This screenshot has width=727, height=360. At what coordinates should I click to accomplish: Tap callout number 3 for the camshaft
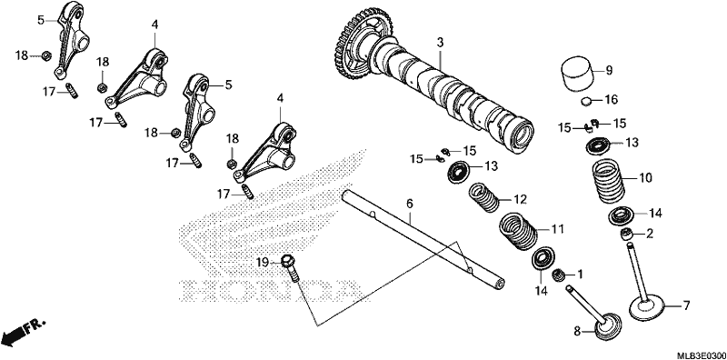[440, 43]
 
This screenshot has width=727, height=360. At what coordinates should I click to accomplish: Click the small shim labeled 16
[586, 100]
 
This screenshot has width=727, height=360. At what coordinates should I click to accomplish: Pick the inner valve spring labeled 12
[483, 197]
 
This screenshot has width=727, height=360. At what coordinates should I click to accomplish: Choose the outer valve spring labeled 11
[517, 231]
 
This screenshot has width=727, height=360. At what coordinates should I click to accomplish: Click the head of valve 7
[647, 309]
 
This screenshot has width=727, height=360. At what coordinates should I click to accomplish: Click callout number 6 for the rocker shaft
[410, 204]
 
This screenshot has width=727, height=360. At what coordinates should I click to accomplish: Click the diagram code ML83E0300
[701, 355]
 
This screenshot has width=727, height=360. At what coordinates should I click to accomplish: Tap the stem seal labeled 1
[558, 275]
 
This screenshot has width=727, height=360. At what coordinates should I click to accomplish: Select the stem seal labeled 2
[627, 235]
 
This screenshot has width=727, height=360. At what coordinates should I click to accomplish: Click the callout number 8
[577, 331]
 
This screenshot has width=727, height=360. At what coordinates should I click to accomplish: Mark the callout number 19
[263, 263]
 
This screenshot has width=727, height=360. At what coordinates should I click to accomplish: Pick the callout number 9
[609, 71]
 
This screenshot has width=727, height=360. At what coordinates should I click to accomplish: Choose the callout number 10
[645, 177]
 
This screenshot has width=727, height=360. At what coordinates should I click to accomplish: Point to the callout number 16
[612, 100]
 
